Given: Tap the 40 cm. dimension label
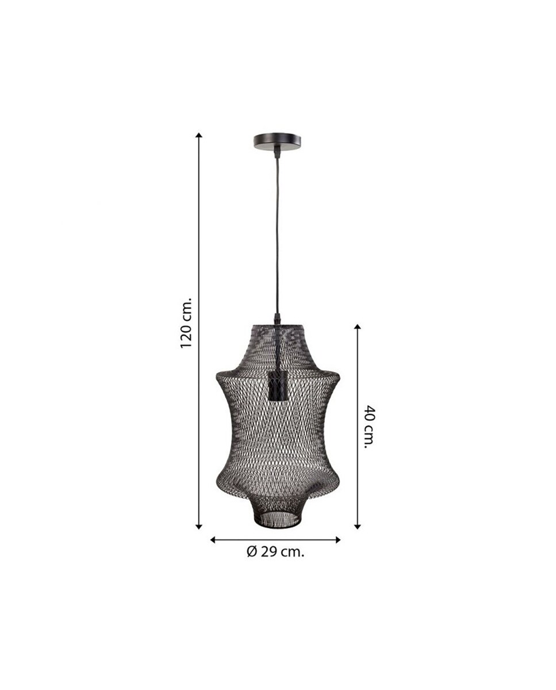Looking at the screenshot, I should click(x=370, y=427).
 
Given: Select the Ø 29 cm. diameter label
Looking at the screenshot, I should click(x=275, y=552).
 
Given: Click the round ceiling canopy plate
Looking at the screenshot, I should click(x=277, y=140).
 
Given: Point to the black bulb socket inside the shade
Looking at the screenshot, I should click(x=277, y=386).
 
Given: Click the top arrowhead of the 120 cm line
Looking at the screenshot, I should click(x=199, y=136).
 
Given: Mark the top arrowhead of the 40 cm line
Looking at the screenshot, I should click(x=357, y=327).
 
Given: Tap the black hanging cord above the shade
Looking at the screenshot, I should click(x=277, y=230).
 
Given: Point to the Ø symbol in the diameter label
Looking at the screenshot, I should click(x=251, y=552).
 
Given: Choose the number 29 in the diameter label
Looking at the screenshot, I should click(x=268, y=552).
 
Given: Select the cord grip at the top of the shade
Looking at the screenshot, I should click(x=277, y=319).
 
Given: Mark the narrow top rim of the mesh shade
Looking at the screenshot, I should click(x=277, y=325).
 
